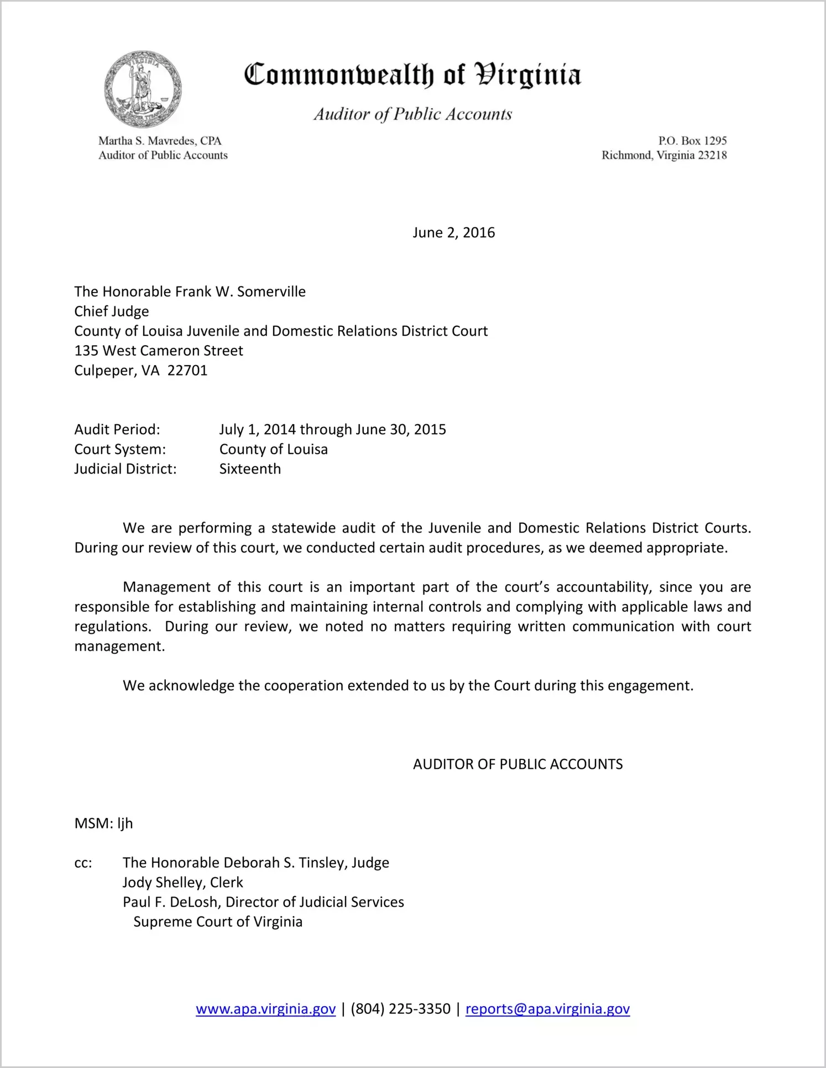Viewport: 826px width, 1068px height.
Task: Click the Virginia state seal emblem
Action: [143, 90]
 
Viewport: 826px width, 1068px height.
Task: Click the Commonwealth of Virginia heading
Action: [412, 75]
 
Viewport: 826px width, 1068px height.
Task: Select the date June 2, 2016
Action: [453, 232]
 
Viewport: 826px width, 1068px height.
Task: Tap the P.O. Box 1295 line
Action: [692, 140]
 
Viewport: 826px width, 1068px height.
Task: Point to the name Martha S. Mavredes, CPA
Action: [160, 140]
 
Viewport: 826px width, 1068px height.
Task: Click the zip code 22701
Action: [187, 371]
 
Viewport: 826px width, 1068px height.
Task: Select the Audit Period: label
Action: [117, 430]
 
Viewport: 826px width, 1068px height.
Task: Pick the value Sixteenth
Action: [250, 469]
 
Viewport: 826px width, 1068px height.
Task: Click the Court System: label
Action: [120, 449]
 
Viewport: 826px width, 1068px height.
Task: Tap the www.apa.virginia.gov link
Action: [265, 1009]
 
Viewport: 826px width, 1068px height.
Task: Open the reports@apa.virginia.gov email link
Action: [547, 1009]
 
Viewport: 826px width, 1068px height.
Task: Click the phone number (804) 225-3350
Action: [400, 1009]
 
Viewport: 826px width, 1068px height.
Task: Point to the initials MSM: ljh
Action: [103, 824]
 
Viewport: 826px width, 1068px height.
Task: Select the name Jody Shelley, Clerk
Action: [182, 882]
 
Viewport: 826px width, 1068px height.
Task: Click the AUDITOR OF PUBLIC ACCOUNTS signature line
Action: [517, 764]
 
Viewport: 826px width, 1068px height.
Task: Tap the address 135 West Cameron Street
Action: [159, 351]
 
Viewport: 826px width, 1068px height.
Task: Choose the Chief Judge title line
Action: [112, 311]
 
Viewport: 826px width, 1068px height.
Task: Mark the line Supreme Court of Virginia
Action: [218, 922]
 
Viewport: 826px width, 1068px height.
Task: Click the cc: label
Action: [83, 863]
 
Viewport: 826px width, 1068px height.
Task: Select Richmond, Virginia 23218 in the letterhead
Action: [664, 155]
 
